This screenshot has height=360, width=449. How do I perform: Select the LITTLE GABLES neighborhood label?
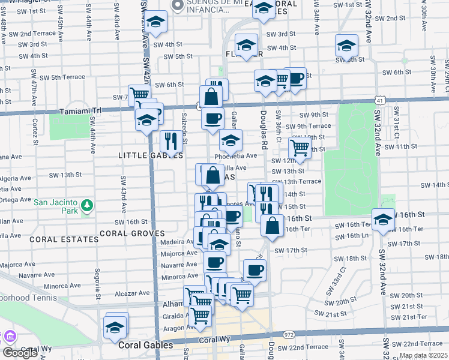(141, 155)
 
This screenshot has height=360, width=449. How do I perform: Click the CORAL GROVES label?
(132, 233)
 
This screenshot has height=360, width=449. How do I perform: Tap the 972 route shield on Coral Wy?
(289, 334)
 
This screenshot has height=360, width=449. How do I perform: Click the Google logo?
(20, 353)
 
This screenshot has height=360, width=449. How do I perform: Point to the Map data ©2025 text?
(423, 355)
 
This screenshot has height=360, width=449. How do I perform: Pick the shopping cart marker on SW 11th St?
(300, 147)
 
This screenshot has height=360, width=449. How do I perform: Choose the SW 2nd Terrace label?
(37, 34)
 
